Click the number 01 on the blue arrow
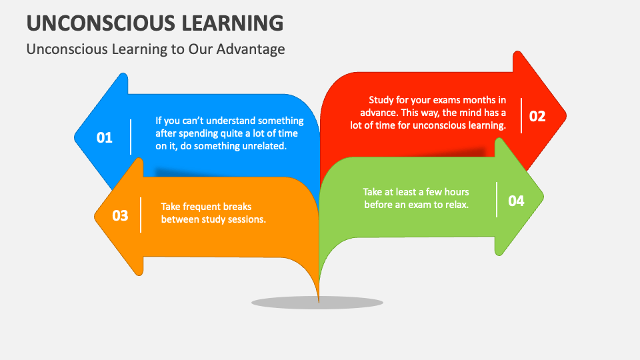(x=105, y=137)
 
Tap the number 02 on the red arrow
(x=537, y=116)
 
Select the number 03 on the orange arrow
(x=121, y=215)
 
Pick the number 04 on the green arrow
(x=516, y=201)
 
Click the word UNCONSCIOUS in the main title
(x=101, y=23)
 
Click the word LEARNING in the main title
(x=233, y=23)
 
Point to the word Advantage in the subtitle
(x=251, y=49)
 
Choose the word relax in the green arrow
(x=457, y=205)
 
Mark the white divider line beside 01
(x=131, y=137)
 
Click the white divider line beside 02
(x=521, y=115)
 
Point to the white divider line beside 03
(x=141, y=215)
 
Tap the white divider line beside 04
(x=497, y=199)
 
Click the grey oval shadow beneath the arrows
(x=317, y=303)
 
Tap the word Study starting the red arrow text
(x=381, y=101)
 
